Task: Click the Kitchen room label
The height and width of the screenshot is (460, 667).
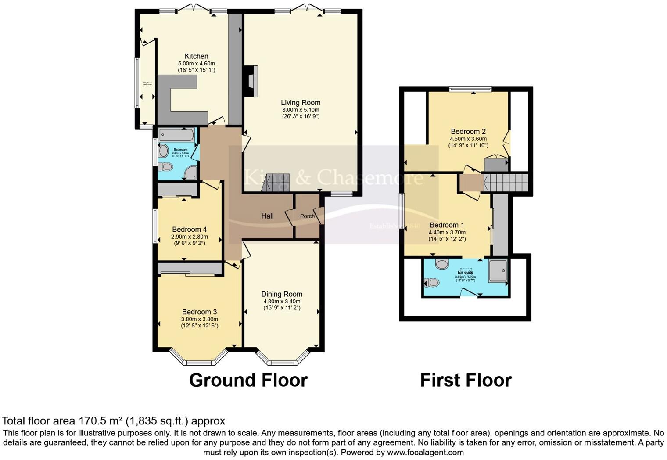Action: pos(196,56)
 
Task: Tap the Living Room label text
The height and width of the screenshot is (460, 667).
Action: pos(301,103)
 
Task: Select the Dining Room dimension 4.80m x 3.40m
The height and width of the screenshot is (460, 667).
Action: pos(282,302)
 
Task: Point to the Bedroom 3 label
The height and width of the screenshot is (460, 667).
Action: pos(200,312)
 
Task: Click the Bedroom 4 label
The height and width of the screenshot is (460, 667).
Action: pos(189,230)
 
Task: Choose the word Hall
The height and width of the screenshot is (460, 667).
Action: pos(267,216)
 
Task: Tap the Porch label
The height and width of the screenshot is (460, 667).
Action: pos(307,216)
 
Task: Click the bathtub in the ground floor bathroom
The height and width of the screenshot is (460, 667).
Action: pos(176,135)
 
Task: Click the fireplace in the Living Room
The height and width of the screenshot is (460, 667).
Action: pos(252,81)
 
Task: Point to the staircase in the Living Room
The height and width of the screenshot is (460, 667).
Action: pos(276,183)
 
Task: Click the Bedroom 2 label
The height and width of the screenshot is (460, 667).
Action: pos(468,132)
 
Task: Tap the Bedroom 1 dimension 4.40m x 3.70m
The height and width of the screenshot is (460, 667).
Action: pos(447,233)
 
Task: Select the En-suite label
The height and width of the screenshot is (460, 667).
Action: pos(465,273)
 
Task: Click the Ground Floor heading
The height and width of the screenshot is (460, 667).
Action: pos(248,380)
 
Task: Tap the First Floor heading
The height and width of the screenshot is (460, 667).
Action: pos(466,380)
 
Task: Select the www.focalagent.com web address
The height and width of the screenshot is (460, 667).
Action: pos(425,452)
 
